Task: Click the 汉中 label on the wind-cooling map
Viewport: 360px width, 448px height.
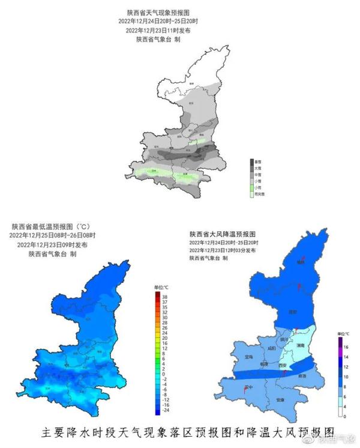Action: coord(248,387)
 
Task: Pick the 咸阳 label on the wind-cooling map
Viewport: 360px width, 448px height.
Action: coord(271,348)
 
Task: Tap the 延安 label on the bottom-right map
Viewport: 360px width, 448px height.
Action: coord(293,312)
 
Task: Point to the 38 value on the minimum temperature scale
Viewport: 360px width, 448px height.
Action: coord(164,295)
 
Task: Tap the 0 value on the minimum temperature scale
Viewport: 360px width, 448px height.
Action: coord(164,374)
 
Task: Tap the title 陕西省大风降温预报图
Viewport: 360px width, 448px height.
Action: coord(223,234)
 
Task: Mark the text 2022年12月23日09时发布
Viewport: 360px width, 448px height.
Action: coord(52,245)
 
